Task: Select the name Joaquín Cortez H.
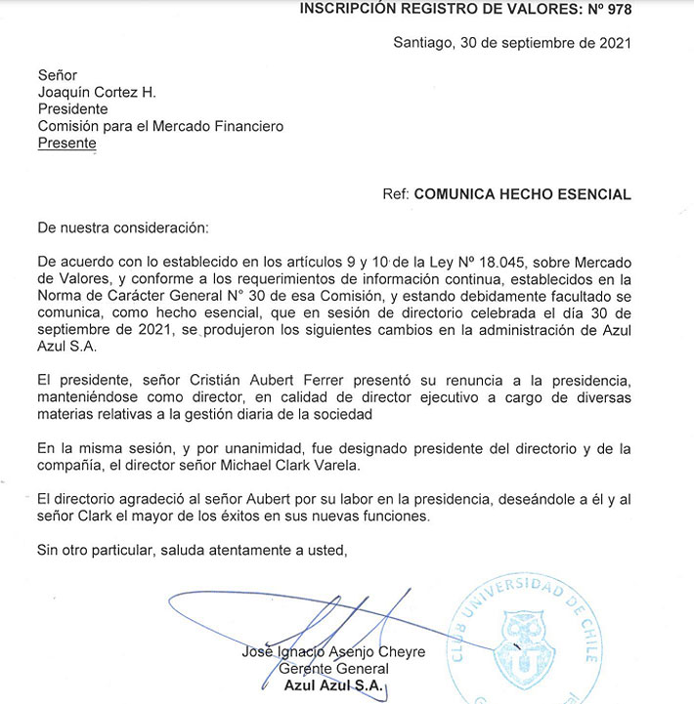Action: (97, 93)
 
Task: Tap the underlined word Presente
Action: (66, 143)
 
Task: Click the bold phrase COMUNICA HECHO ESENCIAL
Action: (522, 194)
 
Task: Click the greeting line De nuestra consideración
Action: (122, 228)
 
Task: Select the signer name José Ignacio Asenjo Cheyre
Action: (333, 651)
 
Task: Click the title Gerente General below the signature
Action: (333, 669)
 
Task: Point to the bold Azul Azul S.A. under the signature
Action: (333, 685)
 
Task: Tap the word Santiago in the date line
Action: (423, 42)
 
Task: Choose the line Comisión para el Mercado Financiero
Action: (160, 126)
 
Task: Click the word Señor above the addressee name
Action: (57, 75)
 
